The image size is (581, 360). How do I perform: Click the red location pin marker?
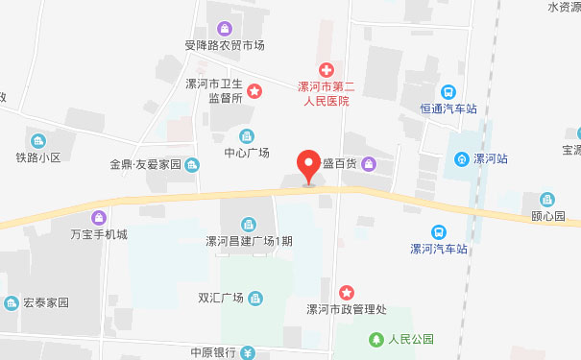point(308,166)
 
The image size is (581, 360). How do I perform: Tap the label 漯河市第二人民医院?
point(323,93)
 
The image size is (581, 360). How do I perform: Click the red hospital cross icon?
point(326,69)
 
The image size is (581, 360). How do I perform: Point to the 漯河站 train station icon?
point(462,158)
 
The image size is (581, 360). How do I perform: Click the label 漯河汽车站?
point(438,249)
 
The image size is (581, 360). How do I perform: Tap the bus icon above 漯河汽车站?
point(438,231)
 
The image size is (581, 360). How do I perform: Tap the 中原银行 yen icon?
point(248,351)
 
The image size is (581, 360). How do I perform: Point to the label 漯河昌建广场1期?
point(249,241)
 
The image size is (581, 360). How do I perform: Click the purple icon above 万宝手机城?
point(98,217)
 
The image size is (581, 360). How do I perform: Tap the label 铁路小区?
point(37,156)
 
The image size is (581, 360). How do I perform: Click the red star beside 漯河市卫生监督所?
point(254,91)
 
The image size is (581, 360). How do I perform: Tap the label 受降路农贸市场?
point(225,45)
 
